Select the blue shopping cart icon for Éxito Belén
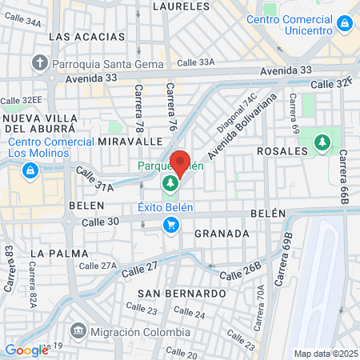[170, 226]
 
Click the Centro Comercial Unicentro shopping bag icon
[345, 24]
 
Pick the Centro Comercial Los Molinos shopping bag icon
[30, 170]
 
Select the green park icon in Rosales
[322, 142]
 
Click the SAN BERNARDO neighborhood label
[182, 294]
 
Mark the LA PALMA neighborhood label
[58, 253]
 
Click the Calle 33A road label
[197, 62]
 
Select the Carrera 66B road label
[343, 177]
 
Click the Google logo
[26, 350]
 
